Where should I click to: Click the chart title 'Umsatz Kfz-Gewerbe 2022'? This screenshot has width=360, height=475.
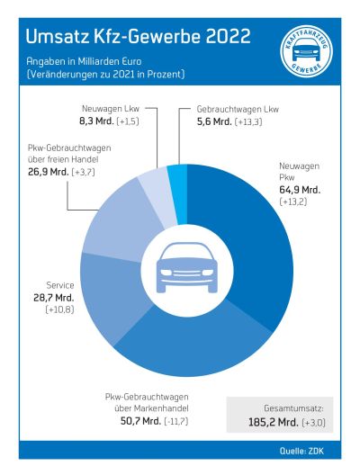(x=139, y=36)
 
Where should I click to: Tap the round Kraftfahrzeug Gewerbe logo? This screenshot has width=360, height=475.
(x=306, y=52)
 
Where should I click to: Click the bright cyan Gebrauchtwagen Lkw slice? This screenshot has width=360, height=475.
(x=178, y=195)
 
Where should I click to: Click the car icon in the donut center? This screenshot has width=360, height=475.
(x=187, y=268)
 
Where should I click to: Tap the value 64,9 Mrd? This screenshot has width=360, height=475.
(x=300, y=190)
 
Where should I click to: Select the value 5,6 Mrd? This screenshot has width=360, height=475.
(x=214, y=121)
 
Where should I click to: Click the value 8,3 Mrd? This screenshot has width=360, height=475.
(x=96, y=121)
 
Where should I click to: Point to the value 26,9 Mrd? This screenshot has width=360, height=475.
(x=49, y=172)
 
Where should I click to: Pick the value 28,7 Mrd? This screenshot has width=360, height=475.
(x=54, y=298)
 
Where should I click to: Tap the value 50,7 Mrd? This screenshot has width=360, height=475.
(x=140, y=421)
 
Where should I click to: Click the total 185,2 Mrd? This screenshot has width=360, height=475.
(x=274, y=422)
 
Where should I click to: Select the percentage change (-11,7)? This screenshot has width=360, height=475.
(x=176, y=421)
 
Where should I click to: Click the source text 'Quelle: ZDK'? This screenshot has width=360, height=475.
(x=301, y=451)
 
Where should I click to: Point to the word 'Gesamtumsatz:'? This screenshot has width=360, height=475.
(x=293, y=408)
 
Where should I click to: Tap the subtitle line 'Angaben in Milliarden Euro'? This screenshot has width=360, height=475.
(x=84, y=61)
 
